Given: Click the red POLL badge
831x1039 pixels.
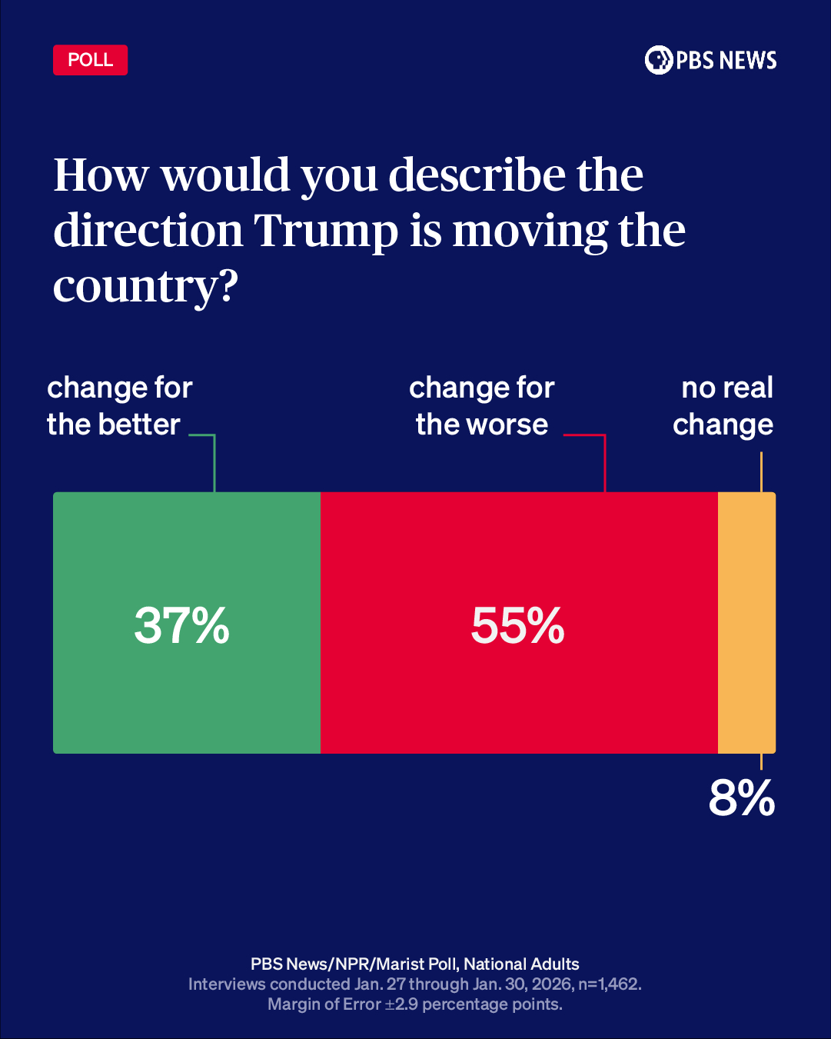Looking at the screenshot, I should point(90,60).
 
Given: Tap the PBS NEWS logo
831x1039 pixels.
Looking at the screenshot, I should point(710,60).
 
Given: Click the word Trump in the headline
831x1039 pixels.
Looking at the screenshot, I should point(326,231).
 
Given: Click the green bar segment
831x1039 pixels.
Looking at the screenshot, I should point(187,692).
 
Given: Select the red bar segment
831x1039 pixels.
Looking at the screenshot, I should point(519,692).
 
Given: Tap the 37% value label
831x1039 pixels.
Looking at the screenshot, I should point(182,625).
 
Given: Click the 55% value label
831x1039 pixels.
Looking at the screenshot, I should point(518,625).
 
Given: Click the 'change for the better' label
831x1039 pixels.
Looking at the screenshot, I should point(119,406).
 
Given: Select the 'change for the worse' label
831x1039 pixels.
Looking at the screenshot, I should point(482,406).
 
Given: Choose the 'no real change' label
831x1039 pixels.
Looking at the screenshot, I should point(723,406).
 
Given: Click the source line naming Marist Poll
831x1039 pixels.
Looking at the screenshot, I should point(415,964).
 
